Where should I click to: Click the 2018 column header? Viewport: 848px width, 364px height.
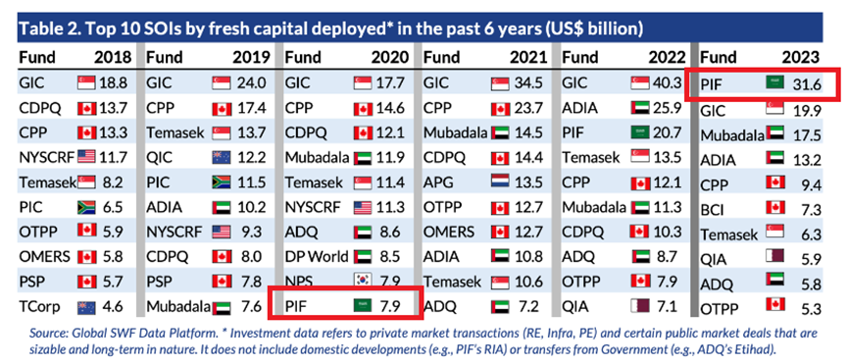[x=113, y=57]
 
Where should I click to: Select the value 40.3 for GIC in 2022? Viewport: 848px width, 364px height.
[x=669, y=82]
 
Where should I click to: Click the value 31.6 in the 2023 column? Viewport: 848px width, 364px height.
[x=805, y=86]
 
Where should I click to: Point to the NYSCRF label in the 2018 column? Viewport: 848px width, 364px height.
[x=46, y=157]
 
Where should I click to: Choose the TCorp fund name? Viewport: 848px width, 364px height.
[x=39, y=307]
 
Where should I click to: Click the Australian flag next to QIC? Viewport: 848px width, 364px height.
[x=222, y=157]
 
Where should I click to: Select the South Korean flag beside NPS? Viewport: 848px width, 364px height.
[x=364, y=282]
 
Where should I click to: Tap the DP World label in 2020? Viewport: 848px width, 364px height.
[x=317, y=257]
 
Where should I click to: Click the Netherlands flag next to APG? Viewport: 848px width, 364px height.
[x=501, y=182]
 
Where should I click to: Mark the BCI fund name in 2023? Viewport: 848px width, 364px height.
[x=713, y=210]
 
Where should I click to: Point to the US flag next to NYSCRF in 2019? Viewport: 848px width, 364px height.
[x=222, y=232]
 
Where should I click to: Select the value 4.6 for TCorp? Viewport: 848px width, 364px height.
[x=112, y=307]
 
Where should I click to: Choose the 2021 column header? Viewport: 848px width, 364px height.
[x=526, y=57]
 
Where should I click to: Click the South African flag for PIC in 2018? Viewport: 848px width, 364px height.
[x=86, y=207]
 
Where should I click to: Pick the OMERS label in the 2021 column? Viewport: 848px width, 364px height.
[x=449, y=232]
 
